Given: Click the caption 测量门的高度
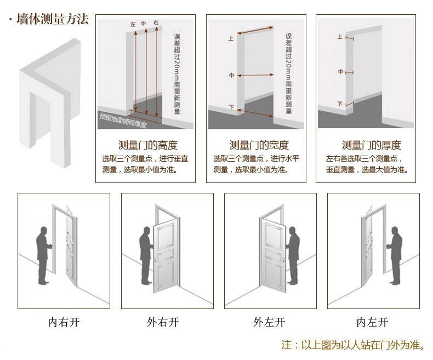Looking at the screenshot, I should [148, 145].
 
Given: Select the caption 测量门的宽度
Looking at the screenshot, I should [259, 145].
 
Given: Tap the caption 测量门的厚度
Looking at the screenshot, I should [371, 145].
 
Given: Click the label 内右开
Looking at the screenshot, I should [64, 322].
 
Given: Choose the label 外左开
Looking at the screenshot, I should [269, 322].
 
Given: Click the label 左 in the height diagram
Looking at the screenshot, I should [133, 25].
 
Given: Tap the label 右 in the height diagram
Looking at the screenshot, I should [156, 23].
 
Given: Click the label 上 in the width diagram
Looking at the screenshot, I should [231, 39].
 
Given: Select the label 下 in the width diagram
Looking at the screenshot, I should [231, 107].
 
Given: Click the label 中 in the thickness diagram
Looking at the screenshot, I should [340, 72].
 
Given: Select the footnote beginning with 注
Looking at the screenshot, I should [353, 345].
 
